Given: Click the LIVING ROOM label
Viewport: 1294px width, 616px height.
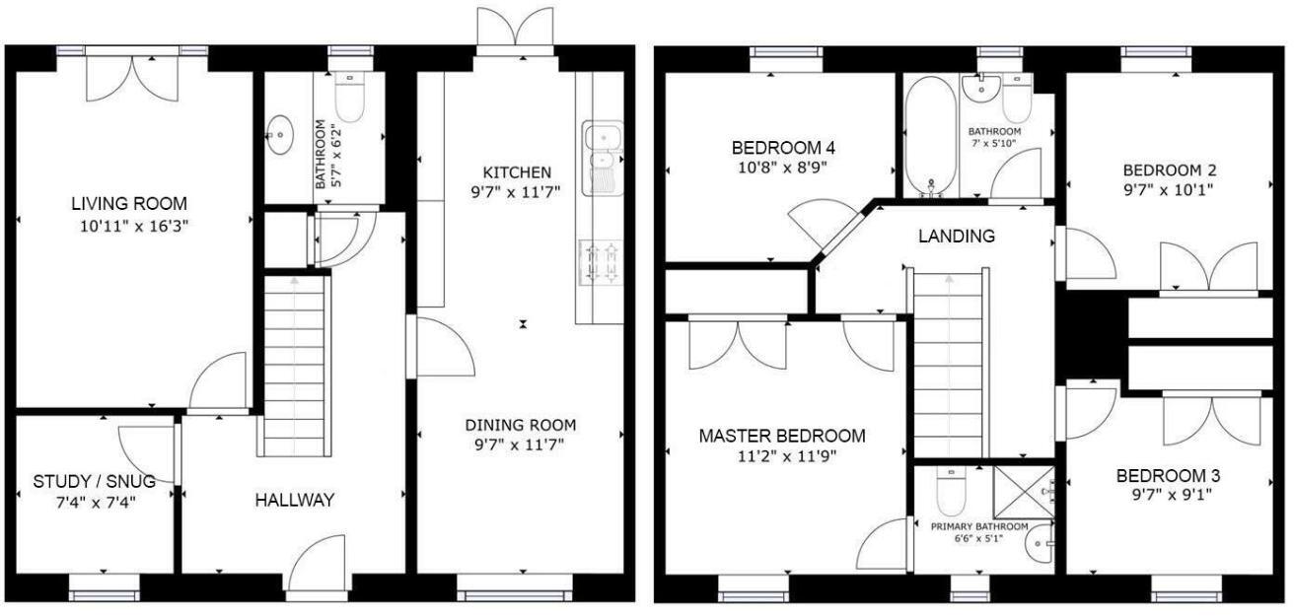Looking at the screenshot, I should pos(129,204).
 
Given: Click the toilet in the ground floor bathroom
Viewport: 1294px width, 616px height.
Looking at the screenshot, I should pos(350,98).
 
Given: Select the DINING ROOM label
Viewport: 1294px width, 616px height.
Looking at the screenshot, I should pos(521,426).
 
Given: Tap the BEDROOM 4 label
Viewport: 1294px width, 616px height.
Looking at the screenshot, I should pos(783,148).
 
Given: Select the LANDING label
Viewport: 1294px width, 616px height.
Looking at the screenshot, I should pos(956,237).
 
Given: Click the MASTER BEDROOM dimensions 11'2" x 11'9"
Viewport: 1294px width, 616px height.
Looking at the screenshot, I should pos(782,456).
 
